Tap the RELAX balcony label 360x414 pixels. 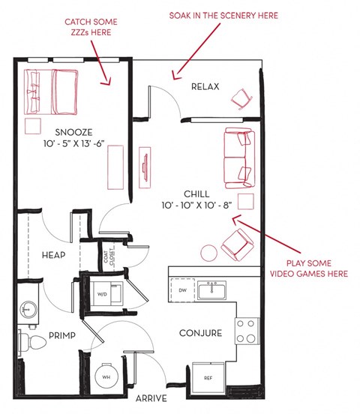[x=205, y=87]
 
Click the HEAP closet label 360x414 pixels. [x=54, y=256]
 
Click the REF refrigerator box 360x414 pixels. [x=208, y=377]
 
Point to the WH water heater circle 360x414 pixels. [x=106, y=377]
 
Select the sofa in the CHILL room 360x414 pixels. [x=238, y=158]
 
